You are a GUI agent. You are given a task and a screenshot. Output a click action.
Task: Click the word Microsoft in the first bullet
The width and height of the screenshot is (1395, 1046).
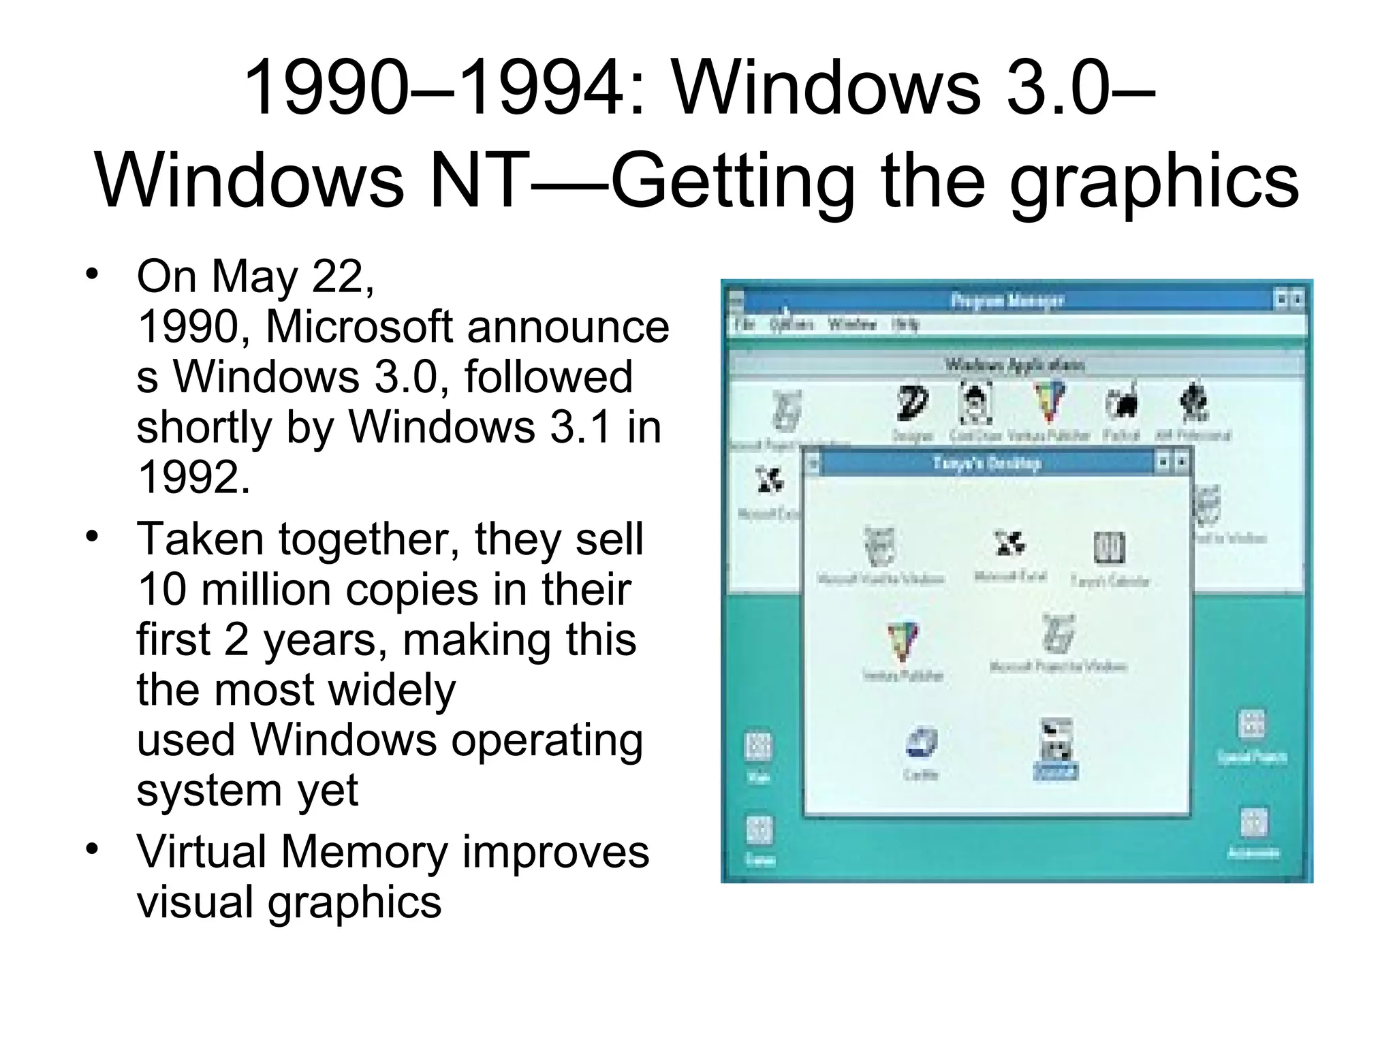(359, 328)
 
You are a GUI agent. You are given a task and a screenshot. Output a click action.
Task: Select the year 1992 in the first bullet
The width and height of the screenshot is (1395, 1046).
(193, 477)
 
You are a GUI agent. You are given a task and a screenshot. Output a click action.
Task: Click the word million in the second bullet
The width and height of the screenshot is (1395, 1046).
(266, 589)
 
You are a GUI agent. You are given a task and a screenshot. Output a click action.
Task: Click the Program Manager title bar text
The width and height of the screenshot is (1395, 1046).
(1007, 300)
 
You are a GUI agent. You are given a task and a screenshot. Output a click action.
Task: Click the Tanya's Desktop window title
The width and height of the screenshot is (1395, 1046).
(986, 464)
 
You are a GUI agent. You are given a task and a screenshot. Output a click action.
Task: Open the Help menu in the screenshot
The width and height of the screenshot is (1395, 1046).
(905, 325)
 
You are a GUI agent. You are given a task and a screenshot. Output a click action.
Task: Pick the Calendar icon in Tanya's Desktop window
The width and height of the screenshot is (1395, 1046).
(1109, 548)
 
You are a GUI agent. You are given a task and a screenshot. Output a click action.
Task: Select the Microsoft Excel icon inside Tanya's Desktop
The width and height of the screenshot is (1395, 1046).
(1009, 545)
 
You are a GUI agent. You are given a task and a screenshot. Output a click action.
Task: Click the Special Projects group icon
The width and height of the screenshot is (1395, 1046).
(1252, 726)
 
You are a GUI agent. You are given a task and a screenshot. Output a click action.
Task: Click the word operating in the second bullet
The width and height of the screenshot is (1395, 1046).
(547, 740)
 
